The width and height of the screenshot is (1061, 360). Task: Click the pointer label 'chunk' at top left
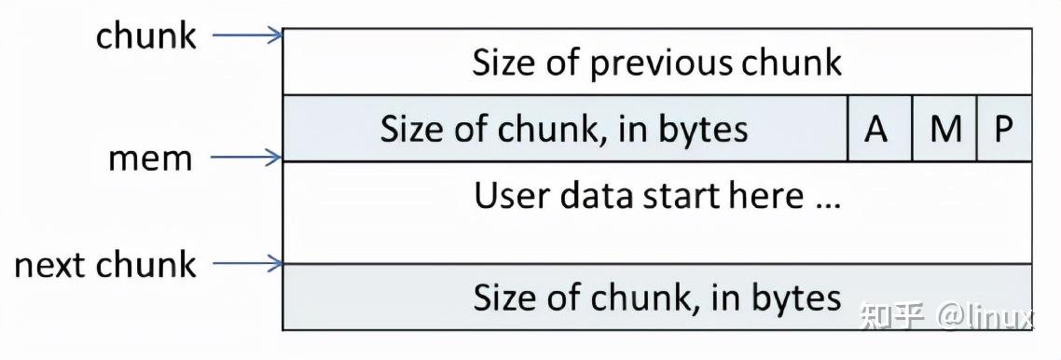coord(146,36)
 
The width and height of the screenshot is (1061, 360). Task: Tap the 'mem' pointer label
coord(149,159)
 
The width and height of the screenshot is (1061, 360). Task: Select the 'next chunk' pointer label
coord(104,265)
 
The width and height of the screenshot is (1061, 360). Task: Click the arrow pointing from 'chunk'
coord(247,36)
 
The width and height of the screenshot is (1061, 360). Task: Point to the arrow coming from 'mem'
coord(247,158)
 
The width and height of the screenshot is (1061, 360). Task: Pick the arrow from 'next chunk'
coord(247,264)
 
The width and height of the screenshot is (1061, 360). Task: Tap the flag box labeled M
coord(944,129)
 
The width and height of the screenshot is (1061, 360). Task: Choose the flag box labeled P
coord(1004,129)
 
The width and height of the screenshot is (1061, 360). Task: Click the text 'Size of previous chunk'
coord(656,62)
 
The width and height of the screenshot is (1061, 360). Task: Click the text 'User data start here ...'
coord(656,196)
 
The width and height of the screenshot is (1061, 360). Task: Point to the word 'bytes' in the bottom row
coord(795,298)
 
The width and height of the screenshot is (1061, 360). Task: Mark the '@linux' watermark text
coord(985,316)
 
